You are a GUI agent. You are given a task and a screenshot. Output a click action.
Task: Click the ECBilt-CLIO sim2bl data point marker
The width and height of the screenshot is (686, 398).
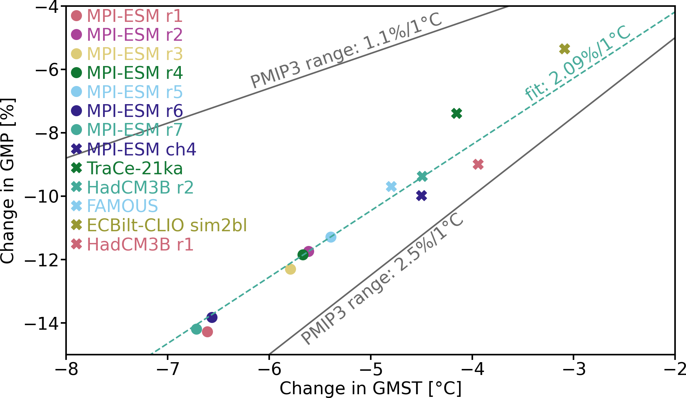(x=564, y=49)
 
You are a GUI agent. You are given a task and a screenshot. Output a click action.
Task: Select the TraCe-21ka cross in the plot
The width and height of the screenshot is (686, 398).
(x=456, y=113)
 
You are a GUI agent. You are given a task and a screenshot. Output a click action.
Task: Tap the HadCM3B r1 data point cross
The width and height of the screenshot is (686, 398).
(x=478, y=164)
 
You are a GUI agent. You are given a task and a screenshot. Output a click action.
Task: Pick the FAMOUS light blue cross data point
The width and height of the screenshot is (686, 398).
(x=391, y=186)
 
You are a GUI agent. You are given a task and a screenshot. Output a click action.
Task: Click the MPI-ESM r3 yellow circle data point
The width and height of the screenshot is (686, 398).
(x=290, y=269)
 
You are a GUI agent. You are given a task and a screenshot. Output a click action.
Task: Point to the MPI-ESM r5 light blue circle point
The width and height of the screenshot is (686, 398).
(x=331, y=237)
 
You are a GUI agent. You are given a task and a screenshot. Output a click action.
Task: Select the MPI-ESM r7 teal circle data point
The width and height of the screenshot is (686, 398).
(x=196, y=329)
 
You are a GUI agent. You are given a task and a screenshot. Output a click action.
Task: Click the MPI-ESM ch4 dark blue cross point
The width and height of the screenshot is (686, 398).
(x=421, y=195)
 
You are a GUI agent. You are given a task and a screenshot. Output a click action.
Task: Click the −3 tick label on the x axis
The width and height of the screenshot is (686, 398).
(x=573, y=369)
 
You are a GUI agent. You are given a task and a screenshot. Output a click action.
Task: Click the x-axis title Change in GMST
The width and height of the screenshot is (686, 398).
(x=370, y=389)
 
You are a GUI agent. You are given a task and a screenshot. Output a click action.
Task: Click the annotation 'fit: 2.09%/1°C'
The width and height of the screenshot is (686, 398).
(x=578, y=63)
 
